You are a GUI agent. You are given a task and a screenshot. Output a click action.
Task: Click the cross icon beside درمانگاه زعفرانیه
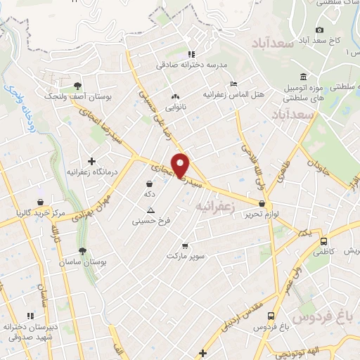pyautogui.click(x=91, y=161)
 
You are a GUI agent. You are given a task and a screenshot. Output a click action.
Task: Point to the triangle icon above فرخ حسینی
pyautogui.click(x=150, y=210)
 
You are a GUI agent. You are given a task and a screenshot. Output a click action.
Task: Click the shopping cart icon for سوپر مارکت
pyautogui.click(x=185, y=246)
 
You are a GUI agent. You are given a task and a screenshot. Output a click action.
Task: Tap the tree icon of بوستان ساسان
pyautogui.click(x=83, y=251)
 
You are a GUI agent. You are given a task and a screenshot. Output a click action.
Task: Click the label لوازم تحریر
pyautogui.click(x=267, y=213)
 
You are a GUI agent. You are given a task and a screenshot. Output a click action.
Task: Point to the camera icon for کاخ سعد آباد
pyautogui.click(x=320, y=30)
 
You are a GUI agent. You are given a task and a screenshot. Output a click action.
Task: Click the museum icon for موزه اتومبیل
pyautogui.click(x=303, y=77)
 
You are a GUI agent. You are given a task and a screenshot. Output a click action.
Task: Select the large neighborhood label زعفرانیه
pyautogui.click(x=214, y=206)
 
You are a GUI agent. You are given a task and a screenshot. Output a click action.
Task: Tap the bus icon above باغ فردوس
pyautogui.click(x=271, y=316)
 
